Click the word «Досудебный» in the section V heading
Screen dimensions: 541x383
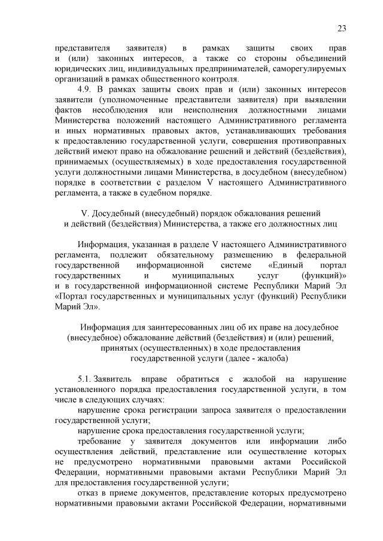(116, 213)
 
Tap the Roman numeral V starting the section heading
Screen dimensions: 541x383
(84, 213)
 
